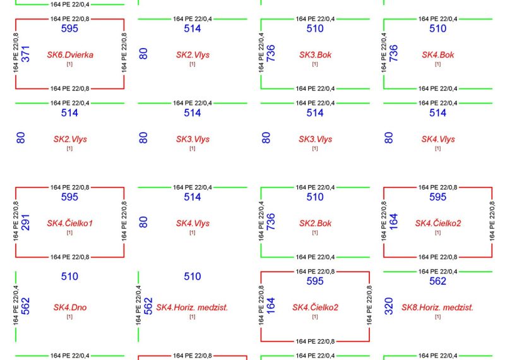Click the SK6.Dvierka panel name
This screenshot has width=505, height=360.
point(70,55)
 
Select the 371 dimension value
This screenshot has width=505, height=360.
point(25,54)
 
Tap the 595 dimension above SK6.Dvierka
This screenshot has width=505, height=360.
point(69,28)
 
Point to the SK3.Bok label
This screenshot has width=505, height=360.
point(315,55)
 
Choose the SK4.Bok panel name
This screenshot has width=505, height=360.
point(438,55)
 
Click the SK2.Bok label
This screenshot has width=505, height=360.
point(315,224)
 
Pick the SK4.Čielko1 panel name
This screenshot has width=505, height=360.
point(70,223)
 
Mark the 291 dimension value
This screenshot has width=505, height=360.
point(25,222)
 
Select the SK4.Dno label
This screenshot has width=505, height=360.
point(70,308)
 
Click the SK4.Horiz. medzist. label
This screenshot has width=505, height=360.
point(193,308)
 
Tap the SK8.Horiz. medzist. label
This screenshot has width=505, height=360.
point(437,308)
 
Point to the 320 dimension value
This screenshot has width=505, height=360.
point(389,306)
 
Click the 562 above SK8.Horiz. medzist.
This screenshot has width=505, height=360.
point(437,281)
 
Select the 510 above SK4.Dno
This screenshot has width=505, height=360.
point(69,276)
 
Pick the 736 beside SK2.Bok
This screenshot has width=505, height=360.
point(271,222)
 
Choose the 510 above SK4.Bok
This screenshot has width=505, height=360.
point(437,28)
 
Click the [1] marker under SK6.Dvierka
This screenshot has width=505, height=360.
point(69,64)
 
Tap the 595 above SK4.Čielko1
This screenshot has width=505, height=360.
point(69,197)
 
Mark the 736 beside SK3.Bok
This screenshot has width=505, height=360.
point(271,53)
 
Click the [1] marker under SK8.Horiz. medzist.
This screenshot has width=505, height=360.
point(437,317)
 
